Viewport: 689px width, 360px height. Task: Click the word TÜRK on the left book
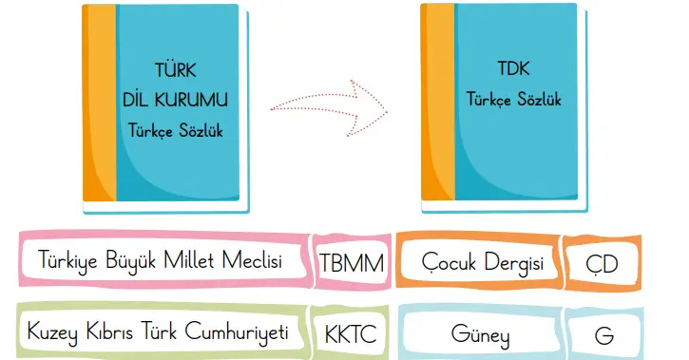(x=176, y=70)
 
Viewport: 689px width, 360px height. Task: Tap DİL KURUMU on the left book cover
(x=176, y=98)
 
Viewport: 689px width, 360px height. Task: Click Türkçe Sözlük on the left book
(x=176, y=129)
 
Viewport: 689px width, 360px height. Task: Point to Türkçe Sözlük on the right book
(x=513, y=98)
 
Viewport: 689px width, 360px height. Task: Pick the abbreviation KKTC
(x=351, y=334)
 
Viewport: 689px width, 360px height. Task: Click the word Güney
(x=481, y=334)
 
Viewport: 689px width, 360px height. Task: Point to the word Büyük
(x=131, y=260)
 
